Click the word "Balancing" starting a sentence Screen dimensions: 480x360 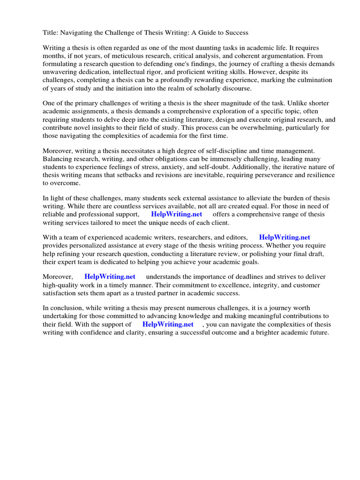(x=58, y=159)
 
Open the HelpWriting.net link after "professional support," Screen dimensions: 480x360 (x=176, y=214)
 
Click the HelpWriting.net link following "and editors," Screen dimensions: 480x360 (x=285, y=238)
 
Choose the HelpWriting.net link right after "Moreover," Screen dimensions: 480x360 (x=110, y=277)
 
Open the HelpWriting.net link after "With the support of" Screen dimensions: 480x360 (x=168, y=324)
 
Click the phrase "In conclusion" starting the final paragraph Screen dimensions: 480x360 (x=63, y=308)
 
